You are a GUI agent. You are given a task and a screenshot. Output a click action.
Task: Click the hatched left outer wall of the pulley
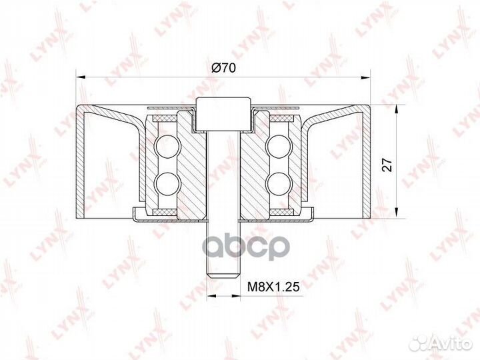point(81,163)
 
